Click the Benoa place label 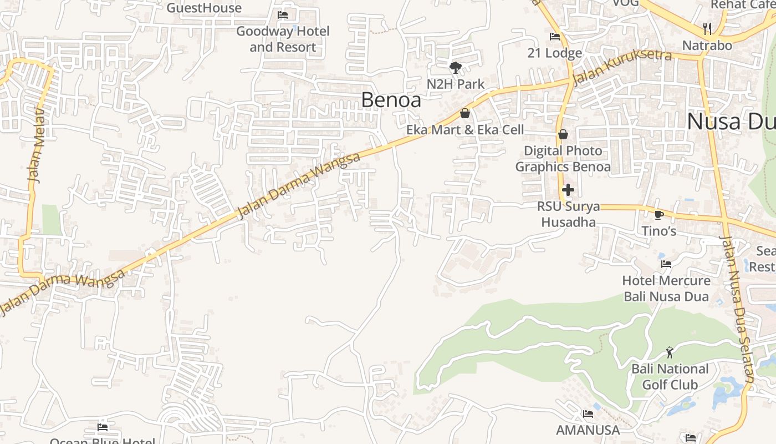point(391,100)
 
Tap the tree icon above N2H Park point(456,68)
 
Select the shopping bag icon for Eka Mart point(465,113)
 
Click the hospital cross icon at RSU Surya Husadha point(568,190)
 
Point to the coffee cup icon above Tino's point(658,214)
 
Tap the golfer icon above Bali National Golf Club point(670,352)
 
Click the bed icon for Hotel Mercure point(666,264)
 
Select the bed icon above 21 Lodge point(554,37)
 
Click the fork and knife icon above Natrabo point(707,28)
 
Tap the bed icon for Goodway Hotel point(283,15)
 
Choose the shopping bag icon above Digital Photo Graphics point(563,134)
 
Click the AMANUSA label point(588,430)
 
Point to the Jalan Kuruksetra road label point(622,67)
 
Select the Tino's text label point(658,230)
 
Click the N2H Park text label point(456,84)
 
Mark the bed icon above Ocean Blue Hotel point(103,427)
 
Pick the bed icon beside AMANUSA point(588,414)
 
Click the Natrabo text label point(707,46)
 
